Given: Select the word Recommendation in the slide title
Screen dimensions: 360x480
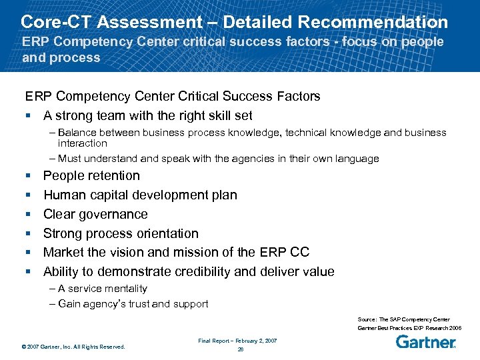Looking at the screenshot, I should click(373, 22).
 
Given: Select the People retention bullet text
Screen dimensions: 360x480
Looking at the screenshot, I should click(91, 176).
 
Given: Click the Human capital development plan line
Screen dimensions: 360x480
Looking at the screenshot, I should click(140, 195).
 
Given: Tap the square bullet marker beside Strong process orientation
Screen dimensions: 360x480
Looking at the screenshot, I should click(28, 234).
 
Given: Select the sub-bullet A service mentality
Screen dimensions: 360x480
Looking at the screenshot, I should click(102, 289).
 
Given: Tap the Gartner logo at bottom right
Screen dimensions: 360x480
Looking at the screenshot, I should click(425, 343).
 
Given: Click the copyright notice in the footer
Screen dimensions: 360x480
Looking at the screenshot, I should click(73, 347).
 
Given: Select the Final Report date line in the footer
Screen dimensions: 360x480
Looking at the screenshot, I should click(238, 341).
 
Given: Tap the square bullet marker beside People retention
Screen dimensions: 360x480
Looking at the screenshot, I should click(28, 176).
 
